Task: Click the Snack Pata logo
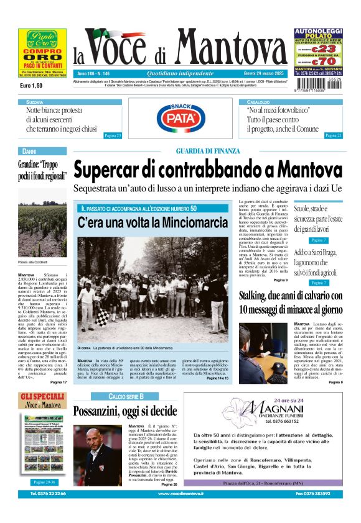[180, 116]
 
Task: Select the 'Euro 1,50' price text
[31, 85]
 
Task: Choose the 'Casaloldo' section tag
[258, 101]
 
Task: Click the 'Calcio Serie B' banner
[126, 396]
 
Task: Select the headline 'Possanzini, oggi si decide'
[125, 411]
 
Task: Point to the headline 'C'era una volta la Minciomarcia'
[152, 222]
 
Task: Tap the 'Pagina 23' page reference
[113, 135]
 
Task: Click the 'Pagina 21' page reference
[334, 135]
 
